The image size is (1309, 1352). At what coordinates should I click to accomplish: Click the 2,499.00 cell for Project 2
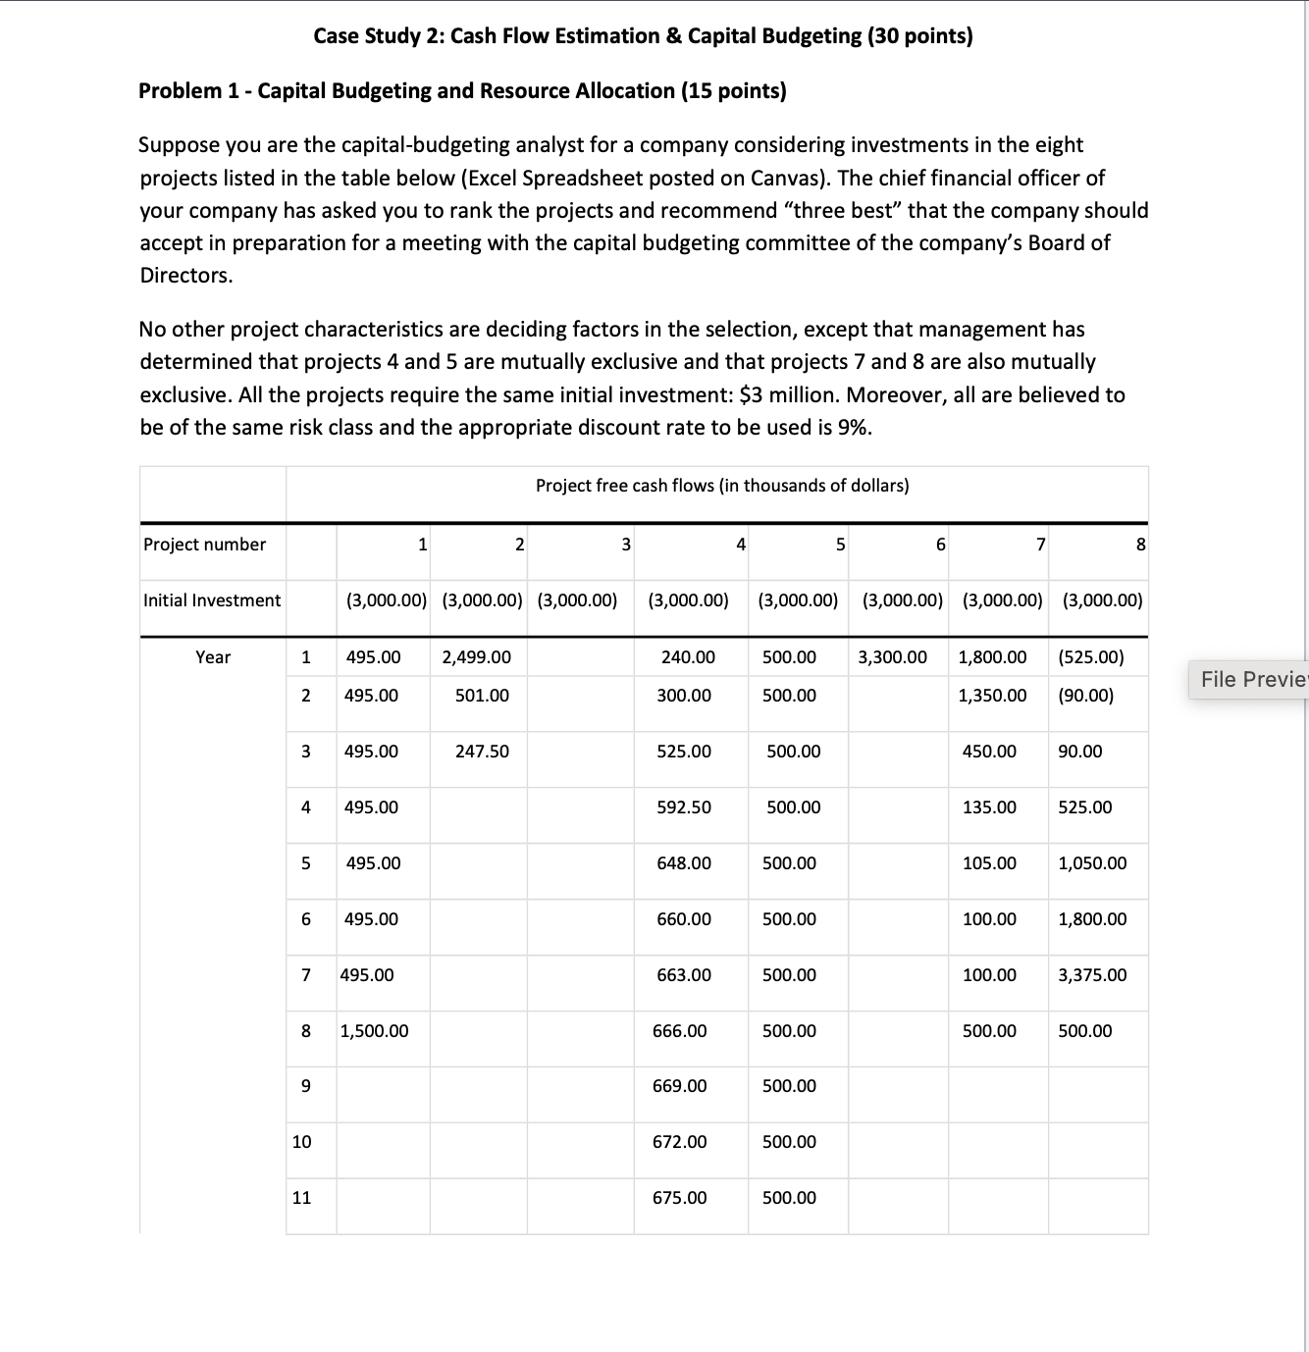(476, 656)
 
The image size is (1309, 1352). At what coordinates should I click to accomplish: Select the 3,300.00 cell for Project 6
(892, 656)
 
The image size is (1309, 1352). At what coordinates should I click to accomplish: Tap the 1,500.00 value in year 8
(374, 1030)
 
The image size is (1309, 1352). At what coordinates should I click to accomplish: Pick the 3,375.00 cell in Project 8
(1092, 974)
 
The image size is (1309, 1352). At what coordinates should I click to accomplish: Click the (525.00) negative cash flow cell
(1090, 656)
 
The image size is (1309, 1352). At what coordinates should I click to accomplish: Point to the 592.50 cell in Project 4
(684, 806)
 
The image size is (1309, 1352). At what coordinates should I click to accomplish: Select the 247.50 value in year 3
(482, 751)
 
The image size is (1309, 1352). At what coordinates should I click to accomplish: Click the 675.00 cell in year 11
(679, 1197)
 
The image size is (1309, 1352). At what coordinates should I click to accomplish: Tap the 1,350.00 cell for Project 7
(992, 695)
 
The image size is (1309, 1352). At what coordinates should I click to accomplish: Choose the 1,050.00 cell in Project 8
(1092, 862)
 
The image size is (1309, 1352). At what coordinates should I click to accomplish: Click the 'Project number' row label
(204, 544)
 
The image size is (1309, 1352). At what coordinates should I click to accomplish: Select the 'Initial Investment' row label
(212, 599)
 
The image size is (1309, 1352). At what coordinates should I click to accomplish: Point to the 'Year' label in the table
(213, 656)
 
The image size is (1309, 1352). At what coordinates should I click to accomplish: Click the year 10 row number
(302, 1141)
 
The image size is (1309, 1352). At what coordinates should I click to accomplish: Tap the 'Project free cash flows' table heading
(722, 485)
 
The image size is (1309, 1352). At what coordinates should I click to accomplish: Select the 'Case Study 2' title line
(643, 36)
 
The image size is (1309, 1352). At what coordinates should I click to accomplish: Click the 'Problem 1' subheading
(462, 90)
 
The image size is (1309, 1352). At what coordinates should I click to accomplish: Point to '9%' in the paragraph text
(855, 427)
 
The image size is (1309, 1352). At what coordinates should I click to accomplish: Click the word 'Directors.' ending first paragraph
(186, 275)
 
